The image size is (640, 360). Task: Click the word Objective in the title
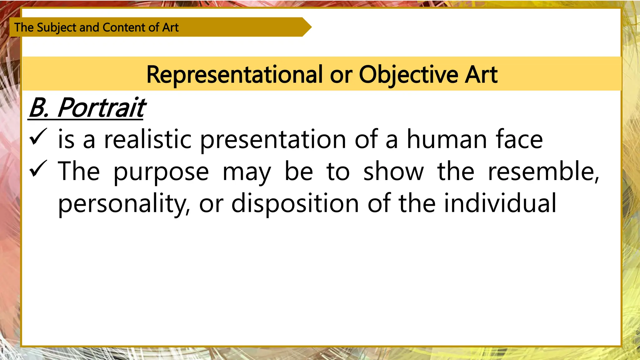pyautogui.click(x=408, y=75)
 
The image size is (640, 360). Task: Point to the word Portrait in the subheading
pyautogui.click(x=102, y=108)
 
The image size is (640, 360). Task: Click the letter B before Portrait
pyautogui.click(x=38, y=108)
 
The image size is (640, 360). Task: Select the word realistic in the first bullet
pyautogui.click(x=147, y=139)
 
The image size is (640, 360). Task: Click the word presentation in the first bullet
pyautogui.click(x=273, y=140)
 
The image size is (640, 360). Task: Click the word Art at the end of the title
pyautogui.click(x=481, y=75)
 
